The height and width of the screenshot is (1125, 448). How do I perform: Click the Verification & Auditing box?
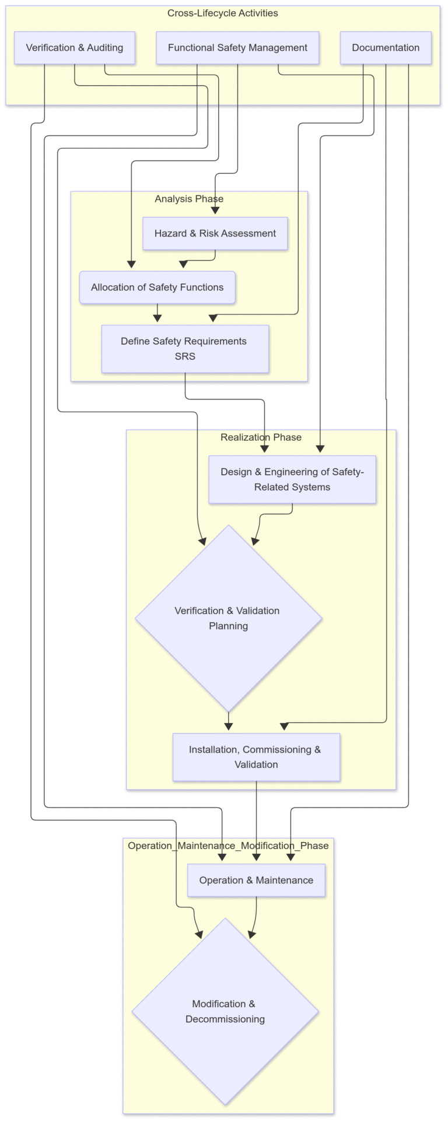75,48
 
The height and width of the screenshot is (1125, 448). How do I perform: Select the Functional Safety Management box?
237,48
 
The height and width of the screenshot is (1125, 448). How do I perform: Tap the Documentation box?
386,48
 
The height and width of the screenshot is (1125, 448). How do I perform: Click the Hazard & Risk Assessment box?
215,233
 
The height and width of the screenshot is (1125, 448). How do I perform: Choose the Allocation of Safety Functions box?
157,287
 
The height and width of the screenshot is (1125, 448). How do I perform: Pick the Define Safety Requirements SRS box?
185,349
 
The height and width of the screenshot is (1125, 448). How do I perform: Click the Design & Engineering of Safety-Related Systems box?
292,479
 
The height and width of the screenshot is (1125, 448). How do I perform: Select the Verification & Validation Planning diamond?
229,618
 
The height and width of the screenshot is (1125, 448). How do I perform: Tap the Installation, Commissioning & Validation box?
256,757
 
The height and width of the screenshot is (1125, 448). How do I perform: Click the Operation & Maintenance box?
256,880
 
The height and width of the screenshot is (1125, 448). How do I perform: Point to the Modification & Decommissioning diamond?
225,1011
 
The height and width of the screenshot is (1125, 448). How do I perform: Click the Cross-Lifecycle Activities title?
223,13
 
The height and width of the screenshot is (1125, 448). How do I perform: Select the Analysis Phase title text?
189,199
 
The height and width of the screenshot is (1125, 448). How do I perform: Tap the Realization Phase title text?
261,437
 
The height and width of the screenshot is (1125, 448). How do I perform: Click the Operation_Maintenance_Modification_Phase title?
228,846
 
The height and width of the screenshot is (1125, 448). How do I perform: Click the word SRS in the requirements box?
185,356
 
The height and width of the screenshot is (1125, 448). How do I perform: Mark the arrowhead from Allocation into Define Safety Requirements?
157,318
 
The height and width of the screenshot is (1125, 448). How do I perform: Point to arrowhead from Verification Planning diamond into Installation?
229,727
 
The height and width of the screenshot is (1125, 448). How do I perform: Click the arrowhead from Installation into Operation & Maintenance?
256,857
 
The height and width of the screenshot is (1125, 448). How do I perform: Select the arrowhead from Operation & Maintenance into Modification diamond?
251,934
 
